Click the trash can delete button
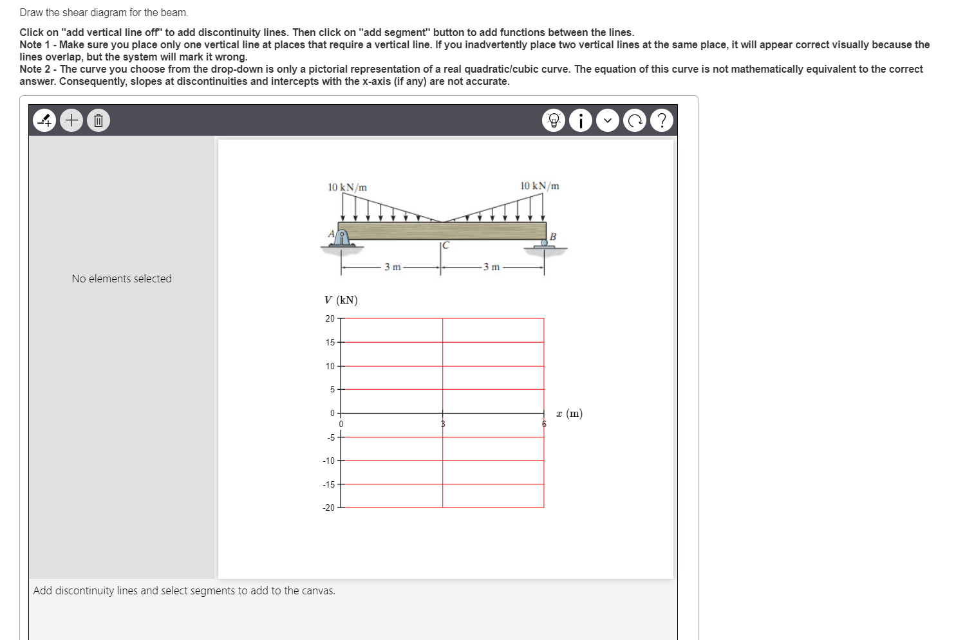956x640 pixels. click(98, 120)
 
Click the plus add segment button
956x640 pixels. click(71, 120)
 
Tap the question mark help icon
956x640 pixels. click(661, 120)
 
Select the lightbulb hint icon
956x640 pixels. click(554, 120)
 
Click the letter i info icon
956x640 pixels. click(581, 120)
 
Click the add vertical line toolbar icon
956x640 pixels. click(44, 120)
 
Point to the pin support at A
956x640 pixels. click(342, 238)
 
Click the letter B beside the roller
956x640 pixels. click(552, 237)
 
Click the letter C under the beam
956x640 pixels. click(445, 245)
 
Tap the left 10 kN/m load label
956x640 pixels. click(347, 187)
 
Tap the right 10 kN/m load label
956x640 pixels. click(539, 186)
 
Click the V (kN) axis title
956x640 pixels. click(341, 300)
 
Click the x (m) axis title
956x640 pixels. click(569, 414)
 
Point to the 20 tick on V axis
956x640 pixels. click(330, 318)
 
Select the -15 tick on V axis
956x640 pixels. click(329, 484)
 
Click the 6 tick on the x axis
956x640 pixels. click(543, 424)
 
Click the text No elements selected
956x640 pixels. click(122, 279)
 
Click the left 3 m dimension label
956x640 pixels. click(392, 267)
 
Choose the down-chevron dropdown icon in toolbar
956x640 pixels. click(608, 120)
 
